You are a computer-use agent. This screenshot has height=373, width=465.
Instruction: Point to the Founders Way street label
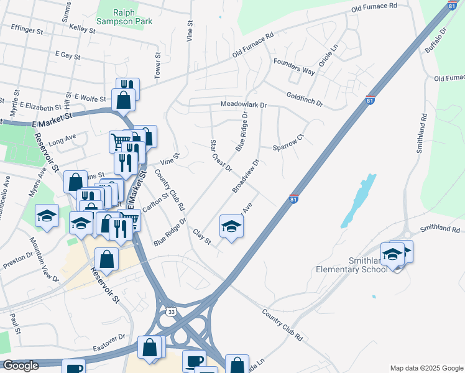[x=295, y=70]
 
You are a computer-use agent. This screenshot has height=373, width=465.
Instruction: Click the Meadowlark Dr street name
[x=242, y=106]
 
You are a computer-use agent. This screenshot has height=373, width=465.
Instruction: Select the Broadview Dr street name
[x=246, y=176]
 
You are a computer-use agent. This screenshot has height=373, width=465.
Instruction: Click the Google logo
[x=21, y=366]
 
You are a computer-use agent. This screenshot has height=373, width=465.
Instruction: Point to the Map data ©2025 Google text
[x=426, y=368]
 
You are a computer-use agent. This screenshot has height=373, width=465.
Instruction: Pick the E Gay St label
[x=68, y=55]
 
